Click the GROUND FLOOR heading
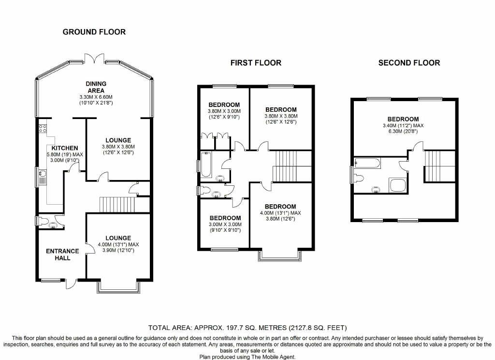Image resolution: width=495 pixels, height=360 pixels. point(94,32)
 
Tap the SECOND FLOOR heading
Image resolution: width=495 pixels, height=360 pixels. point(409,63)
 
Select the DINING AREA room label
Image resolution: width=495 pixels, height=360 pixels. point(96,87)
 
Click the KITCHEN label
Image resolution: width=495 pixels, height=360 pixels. point(65,148)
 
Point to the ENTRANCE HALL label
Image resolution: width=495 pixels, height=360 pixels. point(62,255)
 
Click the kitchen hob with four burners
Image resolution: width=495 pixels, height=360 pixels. point(43,128)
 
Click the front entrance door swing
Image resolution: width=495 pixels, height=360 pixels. point(71,284)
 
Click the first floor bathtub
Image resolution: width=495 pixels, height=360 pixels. point(206,165)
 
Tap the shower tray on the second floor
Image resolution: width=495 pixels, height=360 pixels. point(397,185)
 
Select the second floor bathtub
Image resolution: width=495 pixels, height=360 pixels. point(367,163)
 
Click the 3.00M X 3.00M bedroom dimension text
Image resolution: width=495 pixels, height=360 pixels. point(225,225)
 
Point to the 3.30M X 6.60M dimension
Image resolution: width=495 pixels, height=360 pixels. point(96,97)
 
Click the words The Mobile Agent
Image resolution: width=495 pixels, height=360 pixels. point(273,357)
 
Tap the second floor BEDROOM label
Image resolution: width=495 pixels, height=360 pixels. point(403,119)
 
